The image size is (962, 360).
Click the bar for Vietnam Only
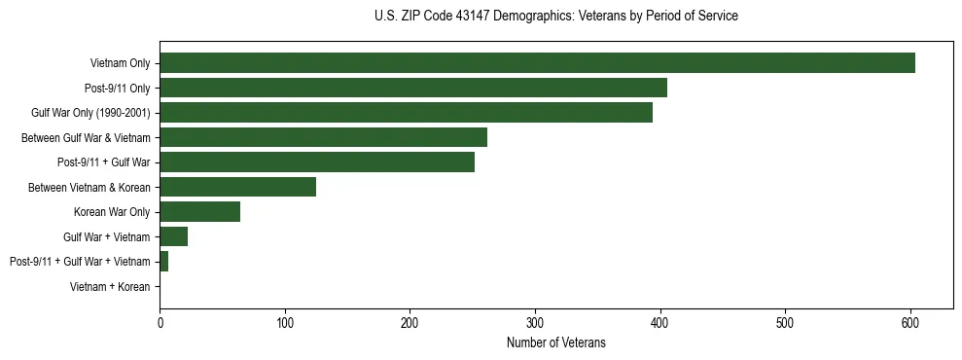(x=537, y=63)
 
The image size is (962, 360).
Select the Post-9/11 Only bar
(x=413, y=88)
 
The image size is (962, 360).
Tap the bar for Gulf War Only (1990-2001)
(x=406, y=113)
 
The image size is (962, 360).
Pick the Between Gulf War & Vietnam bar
(x=323, y=137)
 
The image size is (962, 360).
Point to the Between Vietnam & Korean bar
(x=237, y=187)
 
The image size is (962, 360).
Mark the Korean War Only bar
(x=199, y=212)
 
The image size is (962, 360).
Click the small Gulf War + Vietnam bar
(x=173, y=236)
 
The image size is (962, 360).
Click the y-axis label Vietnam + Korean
(x=110, y=287)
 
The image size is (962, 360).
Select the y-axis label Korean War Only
(x=112, y=212)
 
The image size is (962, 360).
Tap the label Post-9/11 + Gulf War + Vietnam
(x=80, y=262)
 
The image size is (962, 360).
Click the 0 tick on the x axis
(x=160, y=323)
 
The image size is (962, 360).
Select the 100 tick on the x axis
(x=285, y=323)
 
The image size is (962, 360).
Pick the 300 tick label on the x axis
(x=535, y=323)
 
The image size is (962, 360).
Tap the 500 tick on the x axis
(x=785, y=323)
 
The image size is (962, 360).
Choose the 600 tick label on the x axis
(x=910, y=323)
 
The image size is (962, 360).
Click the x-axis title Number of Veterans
(x=556, y=342)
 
